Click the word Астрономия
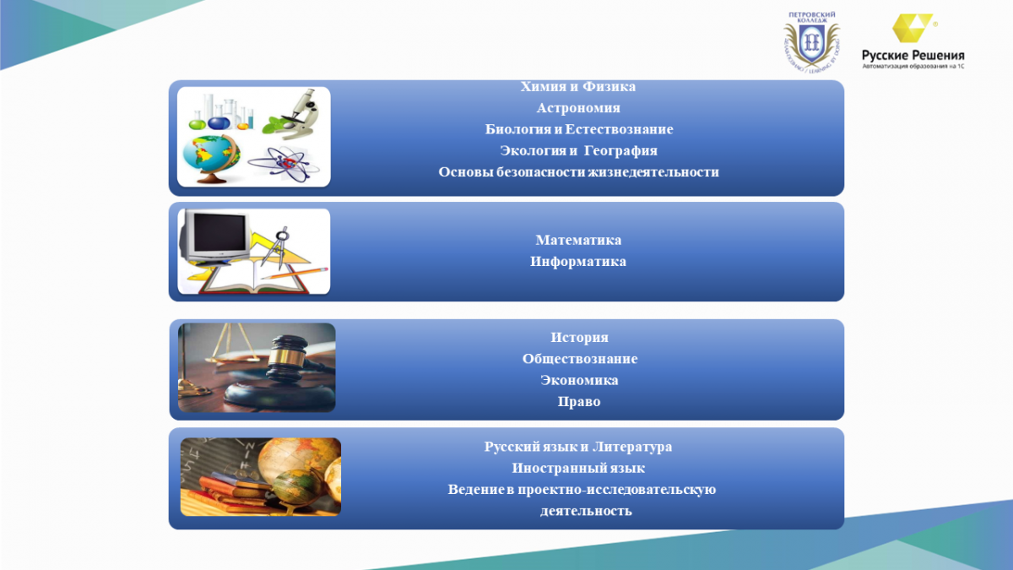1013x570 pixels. pyautogui.click(x=578, y=108)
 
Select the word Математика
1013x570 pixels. pyautogui.click(x=578, y=240)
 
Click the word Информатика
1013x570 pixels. pyautogui.click(x=578, y=262)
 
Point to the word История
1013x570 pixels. pyautogui.click(x=579, y=338)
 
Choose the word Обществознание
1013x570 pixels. pyautogui.click(x=580, y=359)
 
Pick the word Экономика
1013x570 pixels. pyautogui.click(x=579, y=380)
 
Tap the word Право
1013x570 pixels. pyautogui.click(x=579, y=402)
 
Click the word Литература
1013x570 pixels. pyautogui.click(x=632, y=447)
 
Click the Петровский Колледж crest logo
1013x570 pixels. pyautogui.click(x=812, y=41)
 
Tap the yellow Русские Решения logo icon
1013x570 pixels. pyautogui.click(x=913, y=28)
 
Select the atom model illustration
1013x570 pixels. pyautogui.click(x=284, y=164)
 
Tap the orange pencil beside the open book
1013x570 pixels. pyautogui.click(x=295, y=274)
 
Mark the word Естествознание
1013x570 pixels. pyautogui.click(x=619, y=129)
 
